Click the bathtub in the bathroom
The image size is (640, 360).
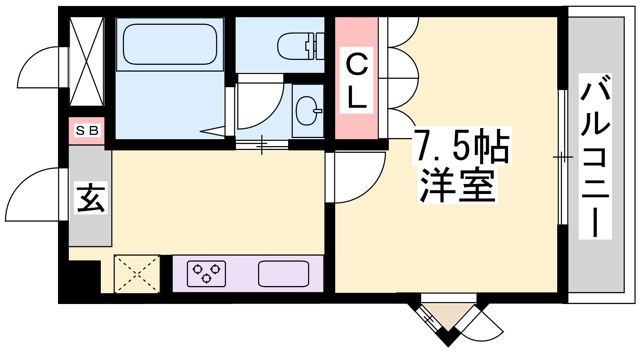pos(170,44)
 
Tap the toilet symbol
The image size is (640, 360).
pos(301,46)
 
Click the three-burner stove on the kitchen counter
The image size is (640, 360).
pos(206,274)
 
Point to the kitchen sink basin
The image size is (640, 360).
pos(284,274)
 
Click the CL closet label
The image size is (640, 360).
pos(356,80)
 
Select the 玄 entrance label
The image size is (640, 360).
pos(91,198)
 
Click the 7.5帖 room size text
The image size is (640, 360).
pos(462,146)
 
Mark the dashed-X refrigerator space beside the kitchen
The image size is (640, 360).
pos(137,274)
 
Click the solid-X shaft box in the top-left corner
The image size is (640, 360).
pos(86,61)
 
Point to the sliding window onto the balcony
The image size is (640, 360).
pos(563,157)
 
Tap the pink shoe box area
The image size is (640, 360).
pos(86,130)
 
